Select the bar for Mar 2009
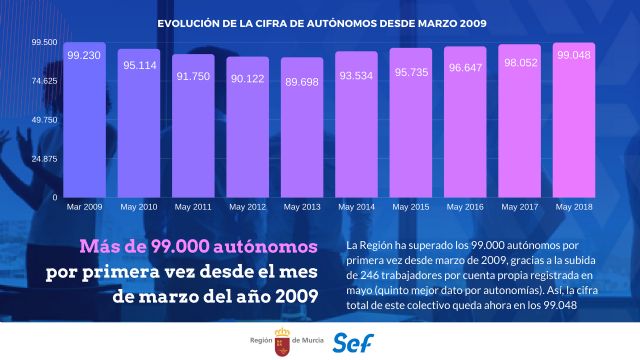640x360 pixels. tap(84, 120)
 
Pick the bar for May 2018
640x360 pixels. tap(573, 120)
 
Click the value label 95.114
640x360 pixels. tap(138, 65)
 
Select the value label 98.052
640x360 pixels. tap(518, 61)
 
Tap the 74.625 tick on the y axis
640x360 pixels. tap(43, 81)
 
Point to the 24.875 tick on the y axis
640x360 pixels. tap(43, 159)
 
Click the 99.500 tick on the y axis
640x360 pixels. tap(43, 42)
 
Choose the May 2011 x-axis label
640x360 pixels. tap(193, 207)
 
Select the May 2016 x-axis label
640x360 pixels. tap(464, 207)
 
